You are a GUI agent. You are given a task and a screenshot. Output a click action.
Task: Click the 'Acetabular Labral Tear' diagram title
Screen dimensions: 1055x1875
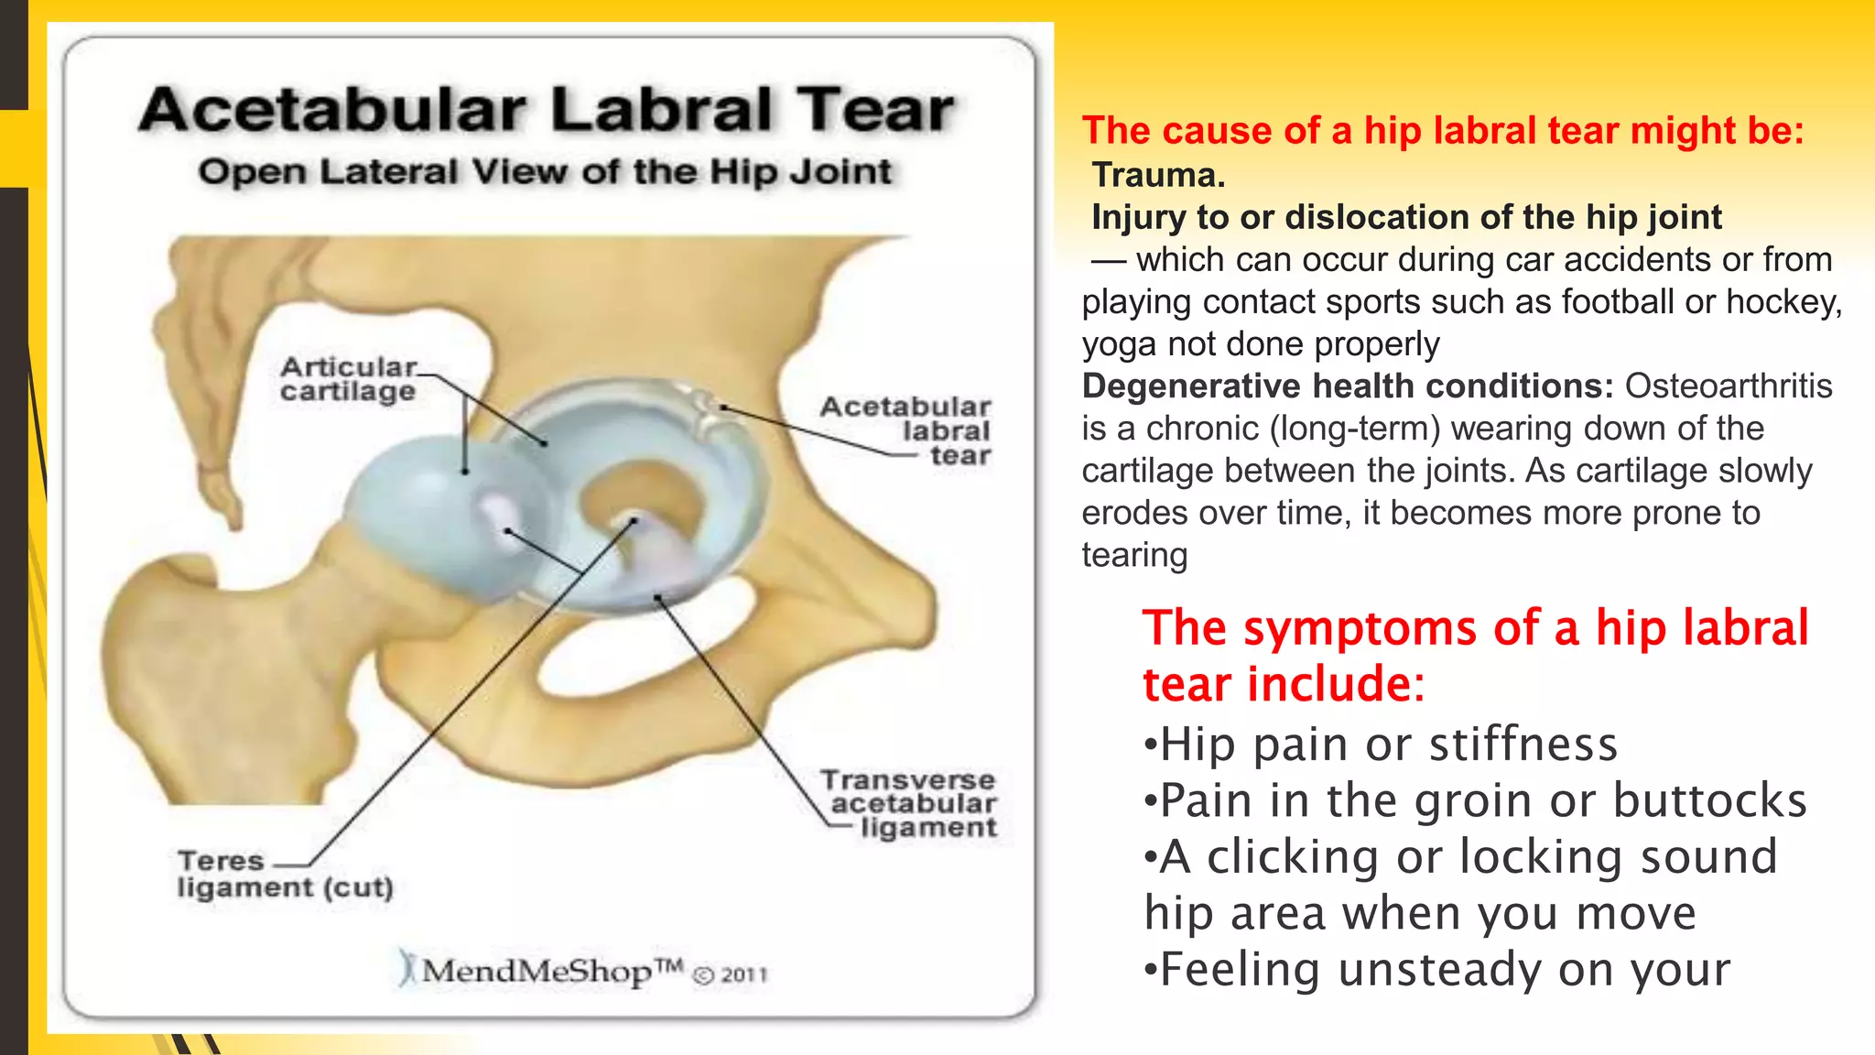pos(547,110)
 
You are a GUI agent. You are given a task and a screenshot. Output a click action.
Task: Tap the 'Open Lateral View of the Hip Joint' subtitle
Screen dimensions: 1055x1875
pos(545,172)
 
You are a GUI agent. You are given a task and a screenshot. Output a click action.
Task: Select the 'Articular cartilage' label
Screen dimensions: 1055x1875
pos(348,379)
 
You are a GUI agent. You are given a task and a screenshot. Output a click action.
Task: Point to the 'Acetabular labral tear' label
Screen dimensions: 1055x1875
pos(906,430)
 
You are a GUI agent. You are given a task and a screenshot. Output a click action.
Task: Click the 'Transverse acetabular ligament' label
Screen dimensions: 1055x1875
pos(909,803)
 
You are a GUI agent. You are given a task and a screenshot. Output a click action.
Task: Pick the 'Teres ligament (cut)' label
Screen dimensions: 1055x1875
pos(284,875)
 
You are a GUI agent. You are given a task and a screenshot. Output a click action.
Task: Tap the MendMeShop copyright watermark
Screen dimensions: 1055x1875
pos(583,971)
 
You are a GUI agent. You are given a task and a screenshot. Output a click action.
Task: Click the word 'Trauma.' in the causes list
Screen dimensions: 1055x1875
pos(1158,175)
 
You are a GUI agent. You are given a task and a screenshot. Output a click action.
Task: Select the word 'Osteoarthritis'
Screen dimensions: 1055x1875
pos(1729,386)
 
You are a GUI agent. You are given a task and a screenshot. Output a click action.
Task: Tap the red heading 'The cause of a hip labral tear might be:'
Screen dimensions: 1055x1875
pos(1443,131)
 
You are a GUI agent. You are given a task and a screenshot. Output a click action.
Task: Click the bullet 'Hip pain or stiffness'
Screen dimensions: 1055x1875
pos(1382,745)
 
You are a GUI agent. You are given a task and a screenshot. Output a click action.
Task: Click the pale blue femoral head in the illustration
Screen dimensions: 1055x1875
pos(430,513)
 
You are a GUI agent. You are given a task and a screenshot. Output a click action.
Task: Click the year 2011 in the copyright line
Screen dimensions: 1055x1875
pos(743,974)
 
